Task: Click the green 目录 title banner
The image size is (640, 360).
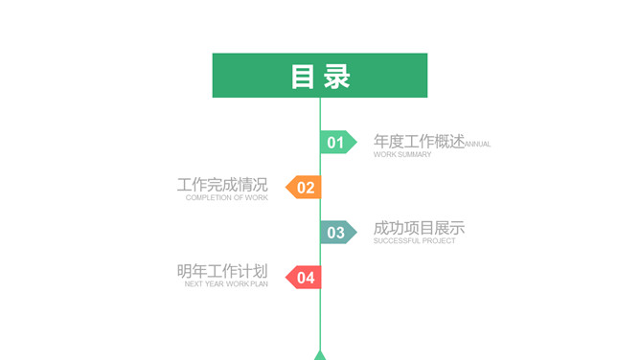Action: [320, 76]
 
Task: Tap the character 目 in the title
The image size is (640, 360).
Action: [304, 77]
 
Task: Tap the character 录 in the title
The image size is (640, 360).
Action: [337, 77]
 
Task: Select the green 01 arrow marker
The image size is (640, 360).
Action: [337, 143]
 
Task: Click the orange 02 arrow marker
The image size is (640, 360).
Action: [304, 188]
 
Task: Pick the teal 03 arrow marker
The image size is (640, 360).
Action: [337, 232]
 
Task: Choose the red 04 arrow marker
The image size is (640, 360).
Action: [304, 278]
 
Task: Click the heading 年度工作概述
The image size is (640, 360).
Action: [419, 142]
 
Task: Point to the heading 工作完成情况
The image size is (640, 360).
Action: [222, 185]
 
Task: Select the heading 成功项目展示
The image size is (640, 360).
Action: [419, 229]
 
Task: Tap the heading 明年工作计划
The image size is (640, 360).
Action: [222, 272]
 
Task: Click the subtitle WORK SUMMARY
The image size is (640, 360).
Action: [402, 155]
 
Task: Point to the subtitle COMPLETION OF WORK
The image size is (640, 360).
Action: [227, 198]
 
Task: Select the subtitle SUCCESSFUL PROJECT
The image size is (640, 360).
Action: [414, 241]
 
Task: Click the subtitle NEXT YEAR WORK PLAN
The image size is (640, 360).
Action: [226, 284]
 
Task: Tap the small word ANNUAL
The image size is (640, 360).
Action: [478, 145]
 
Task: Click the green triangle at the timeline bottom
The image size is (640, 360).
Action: [320, 355]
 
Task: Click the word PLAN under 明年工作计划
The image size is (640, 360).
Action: [260, 284]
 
